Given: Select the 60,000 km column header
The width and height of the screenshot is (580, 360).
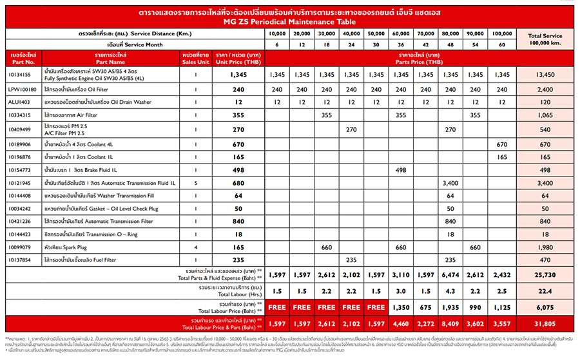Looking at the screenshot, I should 400,32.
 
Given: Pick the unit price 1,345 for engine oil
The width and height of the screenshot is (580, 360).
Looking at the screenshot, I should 238,75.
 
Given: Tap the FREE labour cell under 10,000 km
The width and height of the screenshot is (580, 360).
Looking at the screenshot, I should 276,307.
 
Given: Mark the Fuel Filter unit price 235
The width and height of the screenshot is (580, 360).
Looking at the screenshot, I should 238,260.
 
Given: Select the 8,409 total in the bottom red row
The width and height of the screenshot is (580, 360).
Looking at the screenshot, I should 450,322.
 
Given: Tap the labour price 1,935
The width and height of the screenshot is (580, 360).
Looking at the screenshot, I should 450,307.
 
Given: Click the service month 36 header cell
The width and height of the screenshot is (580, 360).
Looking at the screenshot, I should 400,44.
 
